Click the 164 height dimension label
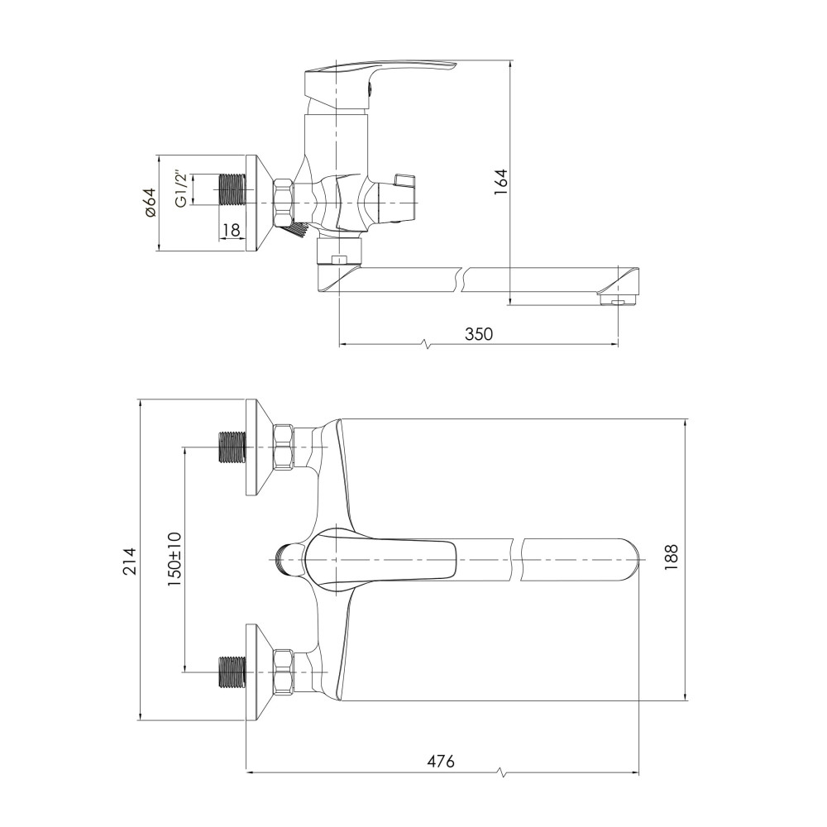click(500, 182)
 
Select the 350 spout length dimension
click(479, 334)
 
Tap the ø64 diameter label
click(149, 203)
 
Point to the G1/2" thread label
click(181, 189)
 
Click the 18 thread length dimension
click(231, 230)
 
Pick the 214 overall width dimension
click(130, 562)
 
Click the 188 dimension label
click(671, 558)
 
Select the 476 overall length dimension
click(441, 761)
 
